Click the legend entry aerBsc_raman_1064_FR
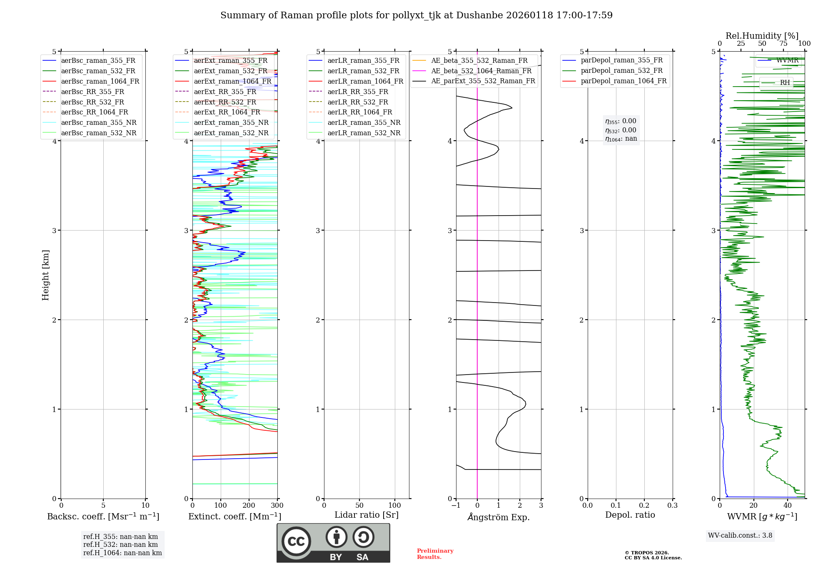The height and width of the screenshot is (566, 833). point(100,81)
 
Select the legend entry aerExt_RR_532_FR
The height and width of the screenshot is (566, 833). point(225,102)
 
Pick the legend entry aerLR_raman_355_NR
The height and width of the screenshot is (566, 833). point(364,122)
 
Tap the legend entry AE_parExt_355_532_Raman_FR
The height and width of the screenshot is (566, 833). point(483,81)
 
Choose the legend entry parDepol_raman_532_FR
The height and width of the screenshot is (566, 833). point(621,70)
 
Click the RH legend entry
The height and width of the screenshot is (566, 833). point(785,82)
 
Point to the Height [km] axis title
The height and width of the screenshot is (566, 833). point(45,275)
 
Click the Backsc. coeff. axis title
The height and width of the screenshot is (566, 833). point(103,516)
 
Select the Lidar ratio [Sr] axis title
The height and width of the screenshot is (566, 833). point(366,515)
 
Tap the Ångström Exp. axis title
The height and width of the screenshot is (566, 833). point(498,517)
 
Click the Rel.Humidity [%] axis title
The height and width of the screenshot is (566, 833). point(762,36)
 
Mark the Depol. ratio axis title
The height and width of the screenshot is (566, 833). point(630,515)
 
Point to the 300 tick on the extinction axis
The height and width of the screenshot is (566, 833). point(277,506)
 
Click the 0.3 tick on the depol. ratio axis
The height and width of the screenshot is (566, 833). point(672,506)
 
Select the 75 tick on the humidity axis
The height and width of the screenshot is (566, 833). point(783,44)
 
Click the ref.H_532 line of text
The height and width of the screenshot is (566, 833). point(120,544)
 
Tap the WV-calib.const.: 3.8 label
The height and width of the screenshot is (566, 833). point(740,535)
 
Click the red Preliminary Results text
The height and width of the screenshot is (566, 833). point(435,554)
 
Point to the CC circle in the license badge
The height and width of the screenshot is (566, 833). point(296,541)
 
